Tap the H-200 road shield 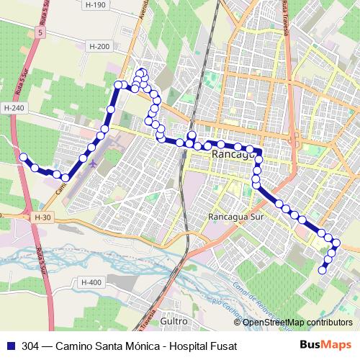point(99,46)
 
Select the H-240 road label point(14,108)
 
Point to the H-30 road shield point(42,216)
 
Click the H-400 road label point(91,282)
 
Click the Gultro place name point(174,320)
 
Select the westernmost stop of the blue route point(23,156)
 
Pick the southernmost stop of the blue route point(322,270)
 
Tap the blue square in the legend point(9,345)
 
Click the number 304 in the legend point(30,345)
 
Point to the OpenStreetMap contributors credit point(297,323)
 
